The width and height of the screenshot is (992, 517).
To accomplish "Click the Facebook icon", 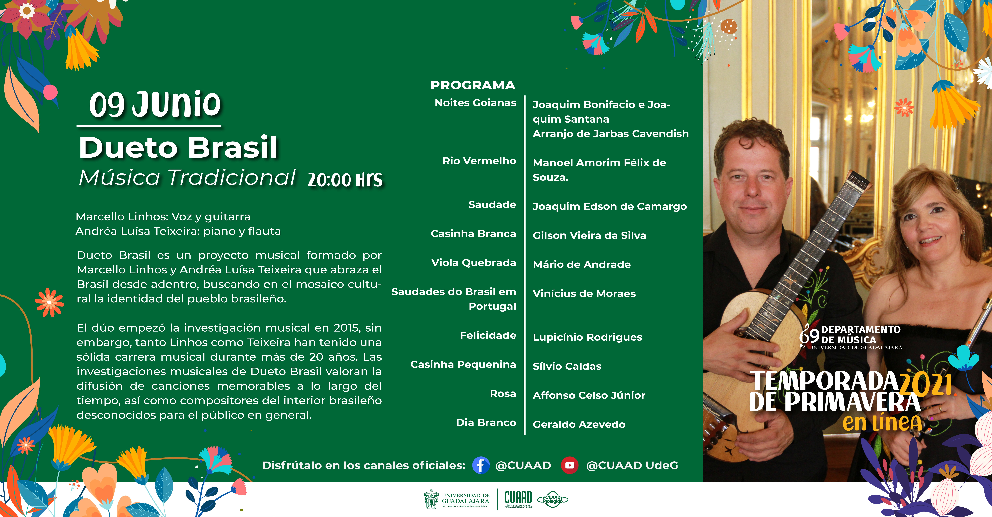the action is (x=481, y=465).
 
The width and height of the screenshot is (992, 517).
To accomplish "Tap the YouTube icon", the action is (x=570, y=465).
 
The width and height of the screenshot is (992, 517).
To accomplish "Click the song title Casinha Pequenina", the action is (x=463, y=364).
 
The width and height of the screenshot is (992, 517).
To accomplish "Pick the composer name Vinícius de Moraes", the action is (x=584, y=294).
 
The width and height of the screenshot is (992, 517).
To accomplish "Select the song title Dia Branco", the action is (x=486, y=423).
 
